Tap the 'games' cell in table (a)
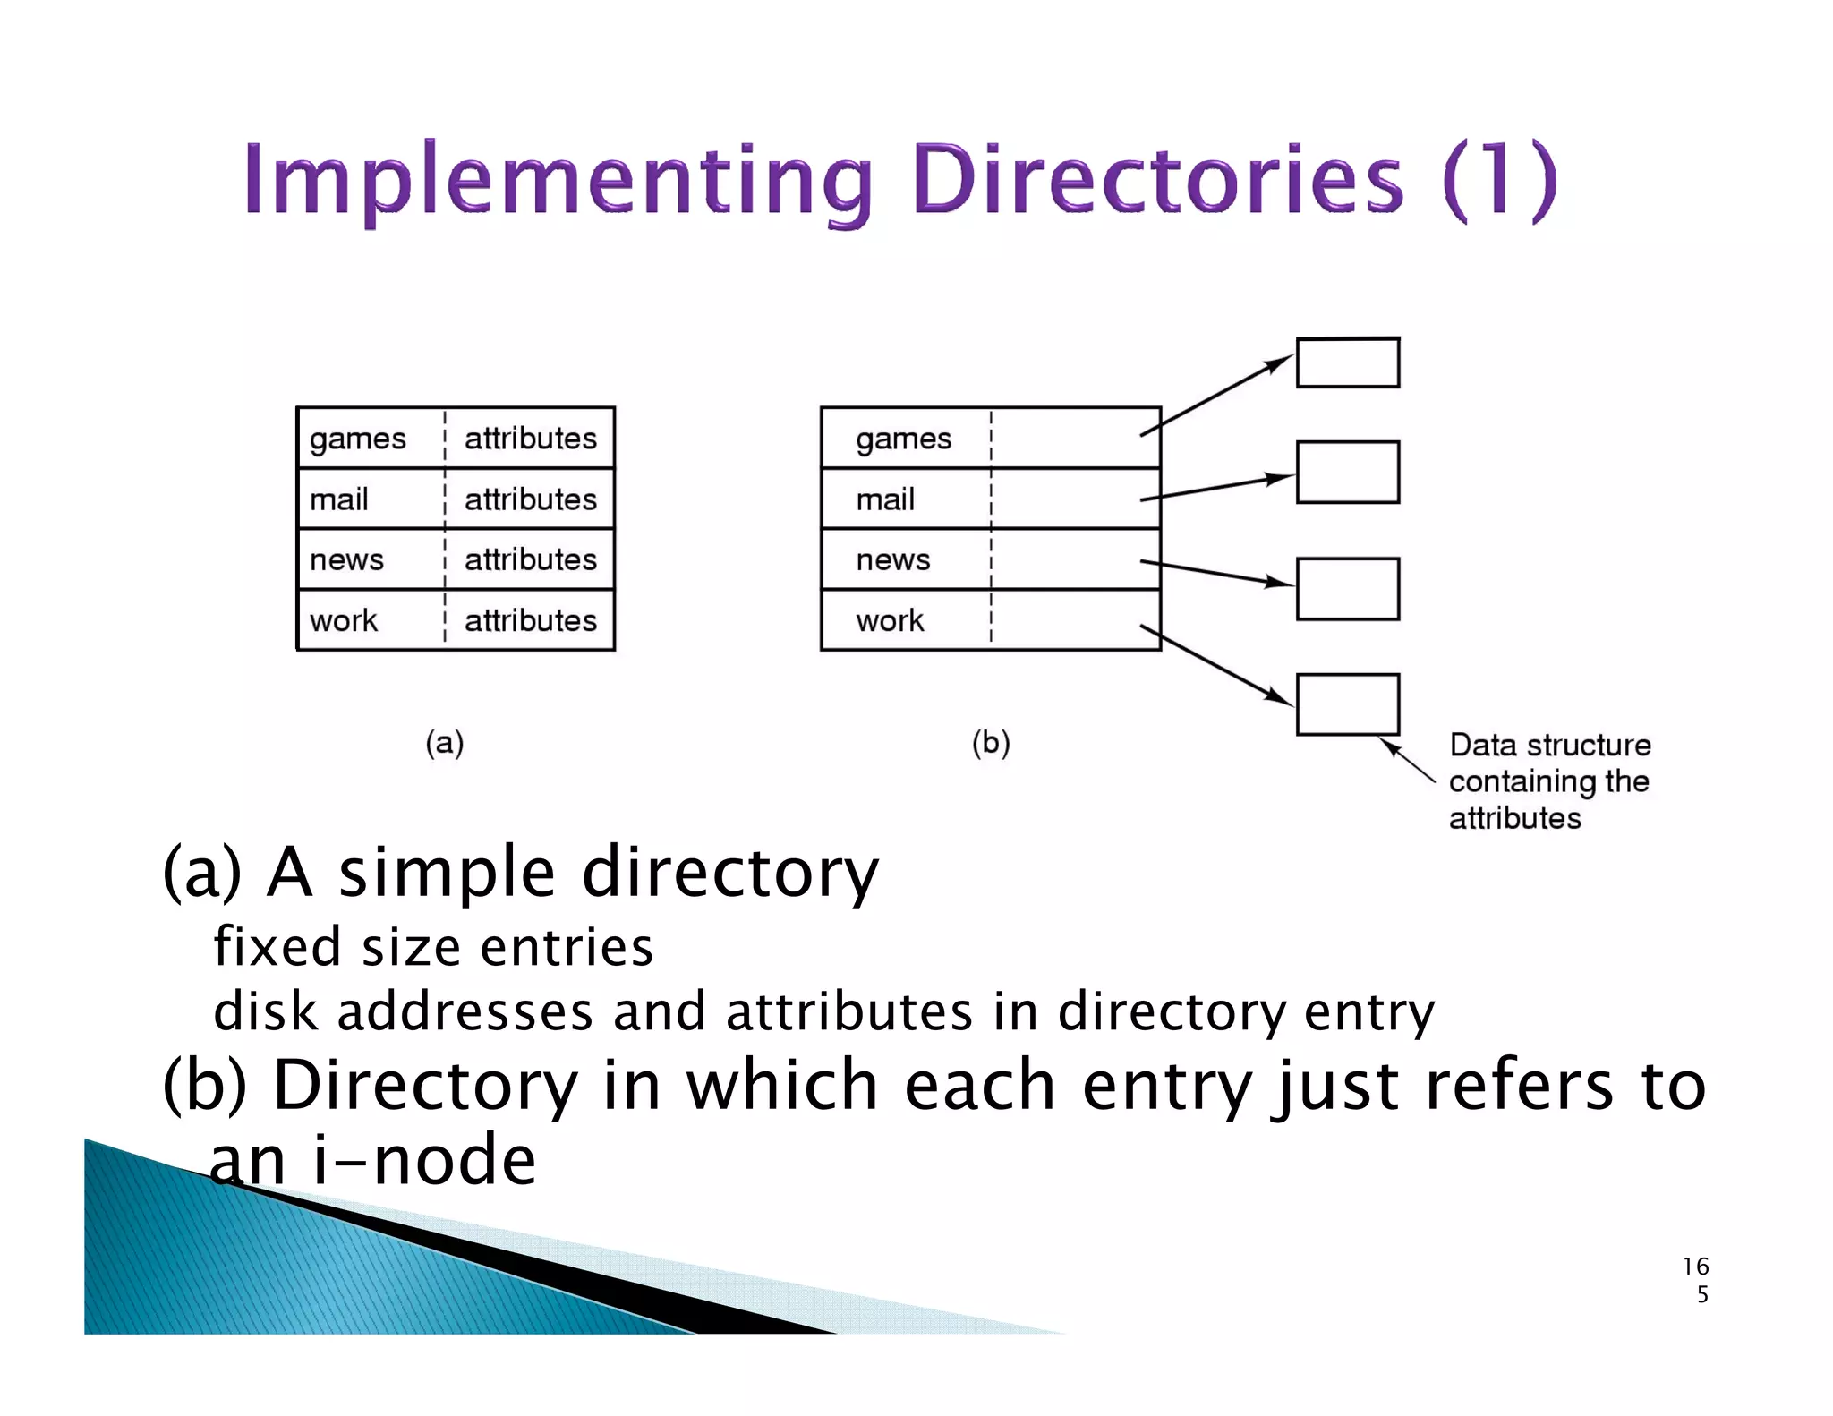[358, 439]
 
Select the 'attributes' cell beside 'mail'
[530, 499]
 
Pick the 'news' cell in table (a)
[347, 560]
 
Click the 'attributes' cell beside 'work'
[530, 620]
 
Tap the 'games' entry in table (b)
[903, 439]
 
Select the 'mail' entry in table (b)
[885, 499]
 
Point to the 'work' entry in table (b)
[890, 620]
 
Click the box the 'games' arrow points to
[1348, 363]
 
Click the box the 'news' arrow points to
[1348, 589]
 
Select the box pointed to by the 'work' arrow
[1348, 704]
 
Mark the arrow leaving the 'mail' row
[1217, 488]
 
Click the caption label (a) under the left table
[445, 743]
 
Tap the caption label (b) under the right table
[991, 743]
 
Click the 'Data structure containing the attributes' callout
[1549, 781]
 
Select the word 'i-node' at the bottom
[424, 1160]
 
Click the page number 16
[1695, 1267]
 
